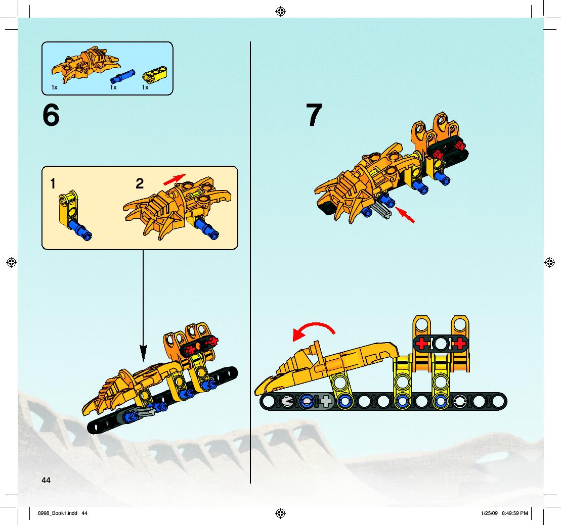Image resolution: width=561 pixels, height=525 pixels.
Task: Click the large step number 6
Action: pyautogui.click(x=51, y=115)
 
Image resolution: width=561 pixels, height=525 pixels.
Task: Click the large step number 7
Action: pyautogui.click(x=314, y=115)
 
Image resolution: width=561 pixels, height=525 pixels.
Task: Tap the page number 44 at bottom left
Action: pyautogui.click(x=46, y=481)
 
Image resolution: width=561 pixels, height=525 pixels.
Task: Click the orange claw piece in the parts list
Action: pyautogui.click(x=85, y=64)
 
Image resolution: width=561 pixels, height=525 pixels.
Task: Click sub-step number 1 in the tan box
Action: pyautogui.click(x=53, y=184)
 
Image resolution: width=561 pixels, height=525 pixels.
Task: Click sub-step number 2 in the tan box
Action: pyautogui.click(x=140, y=184)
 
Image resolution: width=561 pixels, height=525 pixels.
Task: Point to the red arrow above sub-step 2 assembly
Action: pyautogui.click(x=175, y=179)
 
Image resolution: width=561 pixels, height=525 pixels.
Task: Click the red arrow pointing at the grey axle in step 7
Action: pyautogui.click(x=405, y=215)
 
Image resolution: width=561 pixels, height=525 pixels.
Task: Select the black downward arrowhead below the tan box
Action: pyautogui.click(x=143, y=354)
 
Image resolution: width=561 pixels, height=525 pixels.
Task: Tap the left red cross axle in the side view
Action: pyautogui.click(x=422, y=344)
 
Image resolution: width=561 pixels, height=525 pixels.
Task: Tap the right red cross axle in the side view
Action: pyautogui.click(x=460, y=344)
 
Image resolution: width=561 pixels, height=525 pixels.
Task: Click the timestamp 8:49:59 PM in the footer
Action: pyautogui.click(x=515, y=513)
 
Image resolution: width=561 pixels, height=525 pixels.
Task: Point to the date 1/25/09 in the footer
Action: pyautogui.click(x=490, y=513)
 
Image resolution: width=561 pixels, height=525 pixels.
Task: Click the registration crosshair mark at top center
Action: pyautogui.click(x=280, y=12)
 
